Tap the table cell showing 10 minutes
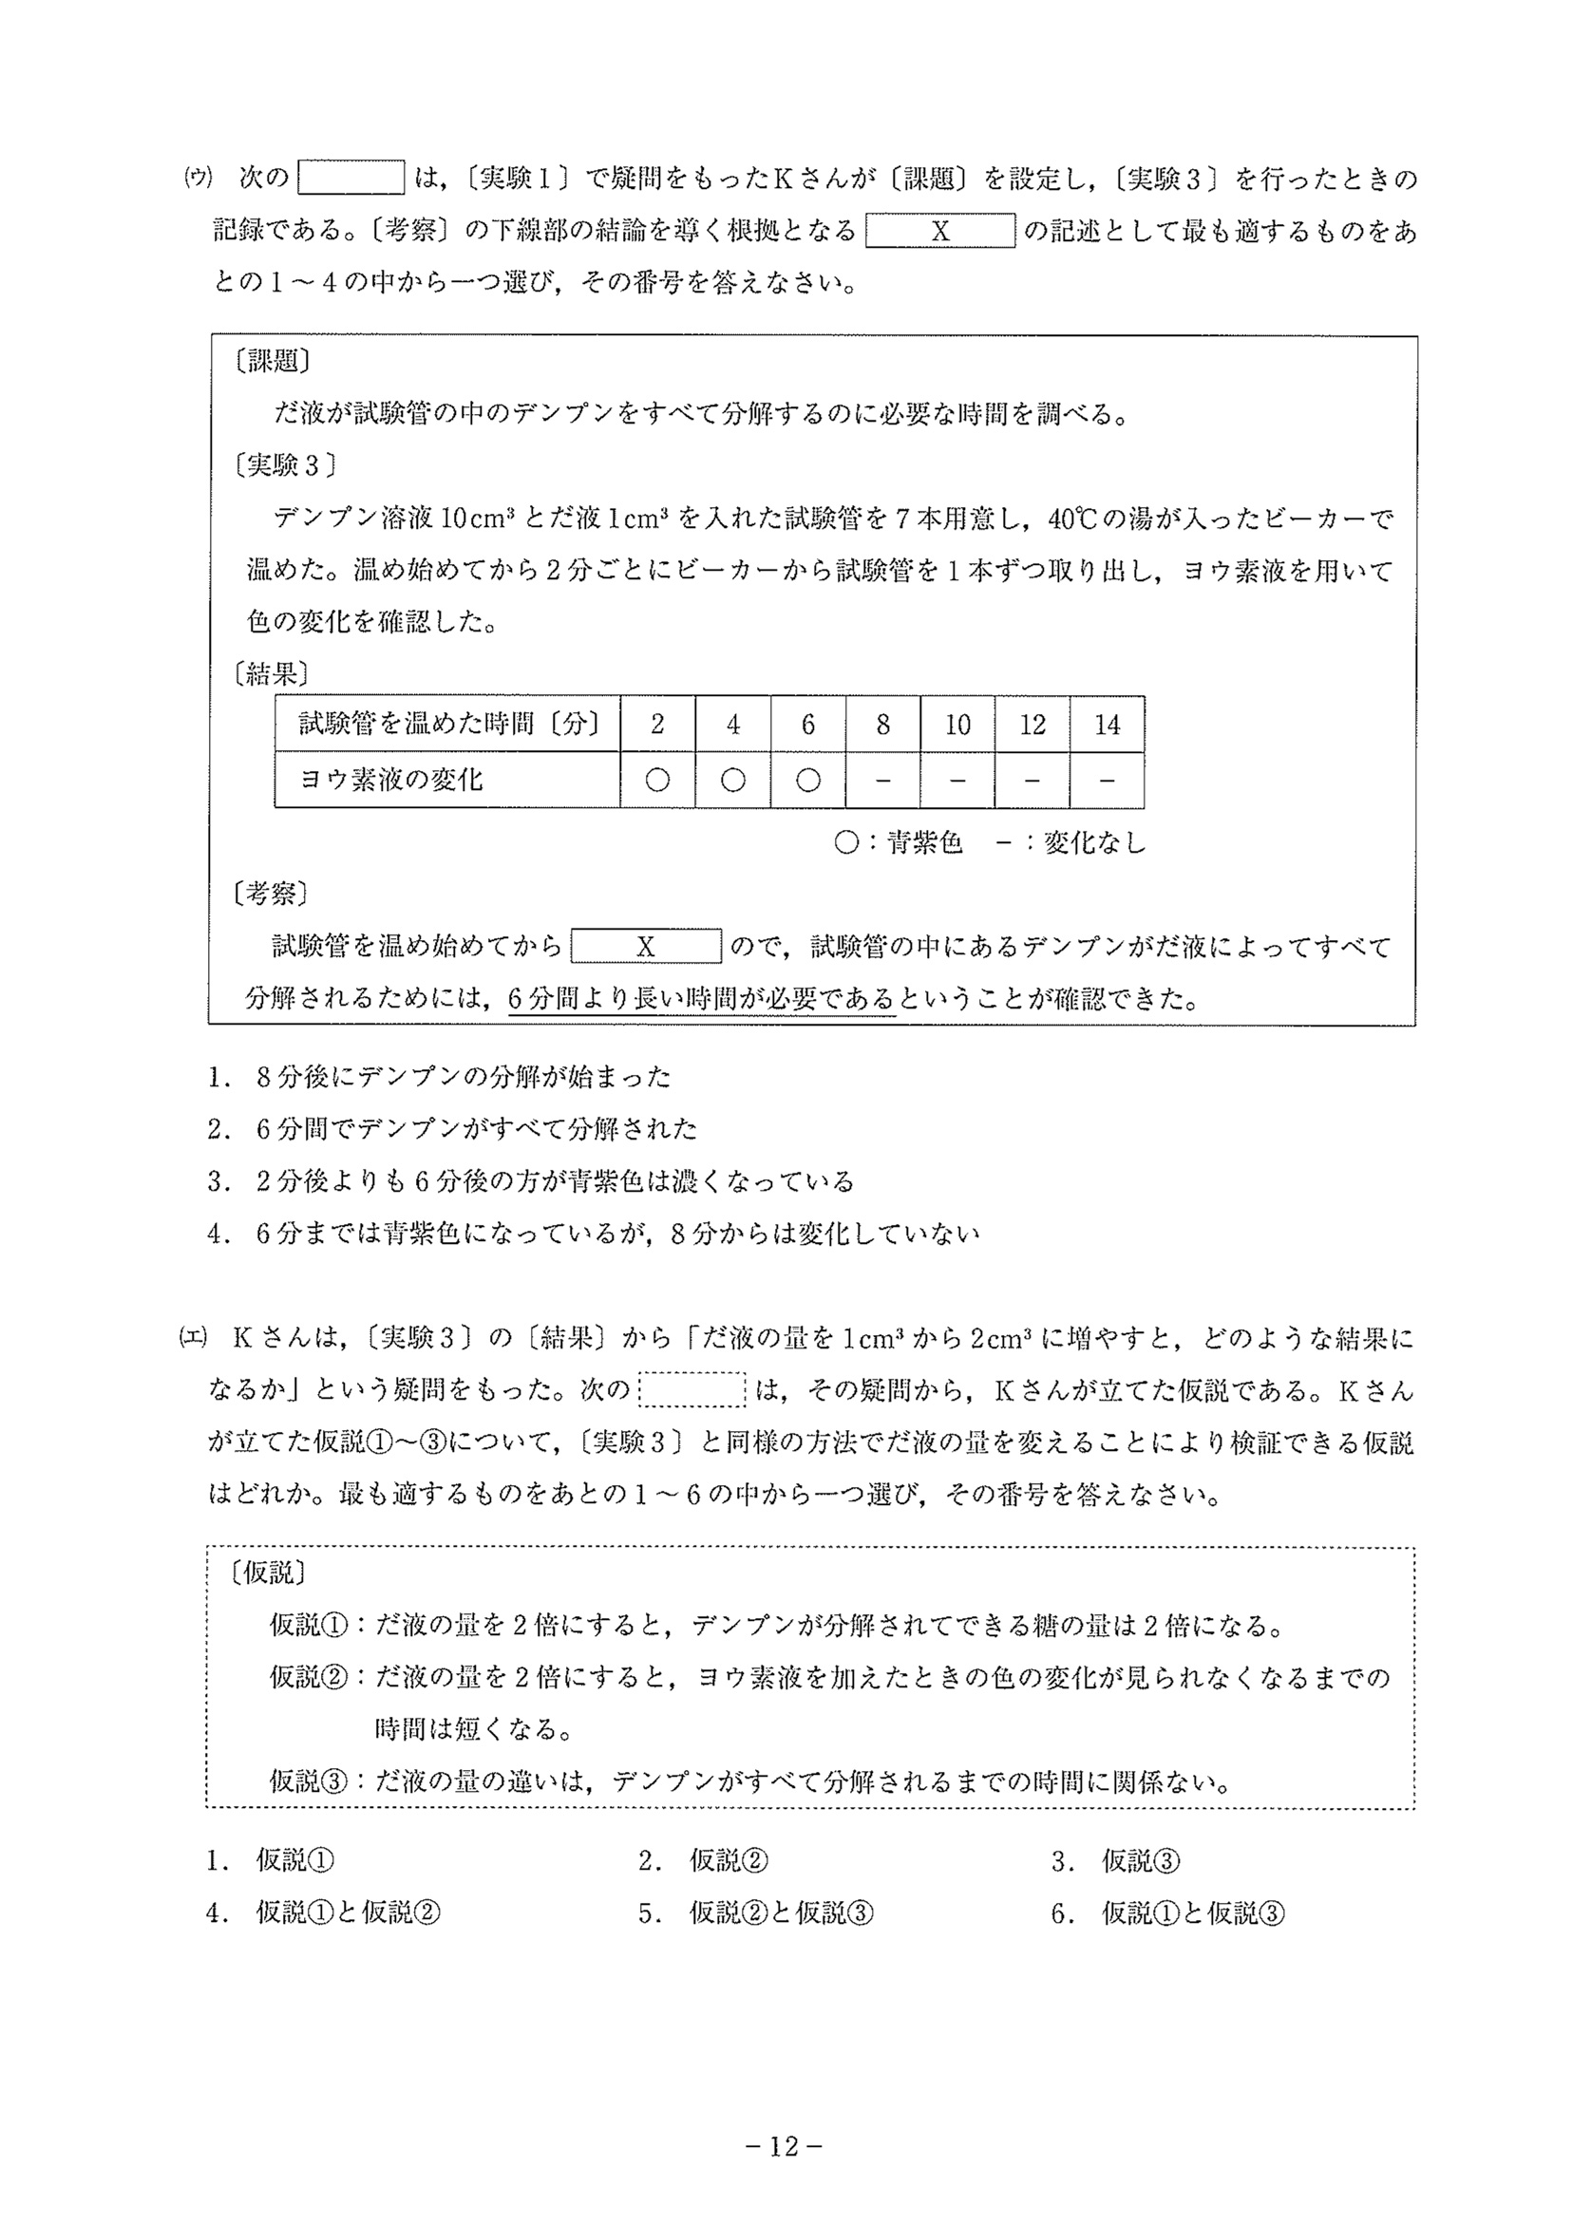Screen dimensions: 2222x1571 point(956,725)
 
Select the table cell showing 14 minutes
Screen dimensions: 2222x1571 point(1107,725)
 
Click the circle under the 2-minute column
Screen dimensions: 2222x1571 point(657,780)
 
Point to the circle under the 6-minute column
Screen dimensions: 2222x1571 point(807,780)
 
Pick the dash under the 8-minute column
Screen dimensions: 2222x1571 point(881,780)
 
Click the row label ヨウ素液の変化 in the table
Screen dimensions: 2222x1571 point(391,780)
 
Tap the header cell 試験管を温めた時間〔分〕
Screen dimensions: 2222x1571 point(447,724)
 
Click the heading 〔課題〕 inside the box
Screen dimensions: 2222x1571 point(272,362)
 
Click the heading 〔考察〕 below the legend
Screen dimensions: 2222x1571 point(271,894)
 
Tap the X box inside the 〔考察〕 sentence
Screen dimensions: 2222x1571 point(646,947)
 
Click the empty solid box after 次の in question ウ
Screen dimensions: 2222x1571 point(351,179)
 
